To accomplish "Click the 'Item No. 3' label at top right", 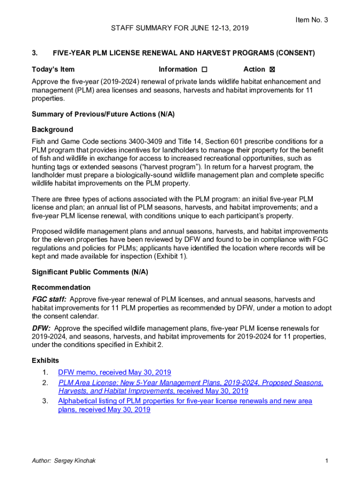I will click(312, 20).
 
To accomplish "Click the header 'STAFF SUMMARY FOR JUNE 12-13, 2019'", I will click(180, 29).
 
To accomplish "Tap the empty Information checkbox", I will click(204, 70).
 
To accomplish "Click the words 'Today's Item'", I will click(53, 69).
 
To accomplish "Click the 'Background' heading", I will click(52, 130).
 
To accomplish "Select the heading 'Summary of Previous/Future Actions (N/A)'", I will click(103, 114).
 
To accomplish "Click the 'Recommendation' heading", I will click(61, 287).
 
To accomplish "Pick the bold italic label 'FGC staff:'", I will click(49, 299).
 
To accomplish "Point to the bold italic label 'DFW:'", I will click(41, 328).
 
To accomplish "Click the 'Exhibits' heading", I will click(45, 361).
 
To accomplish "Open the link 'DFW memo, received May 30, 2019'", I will click(115, 372).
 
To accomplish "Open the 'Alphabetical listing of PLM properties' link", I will click(185, 401).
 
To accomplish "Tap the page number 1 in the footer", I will click(326, 461).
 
